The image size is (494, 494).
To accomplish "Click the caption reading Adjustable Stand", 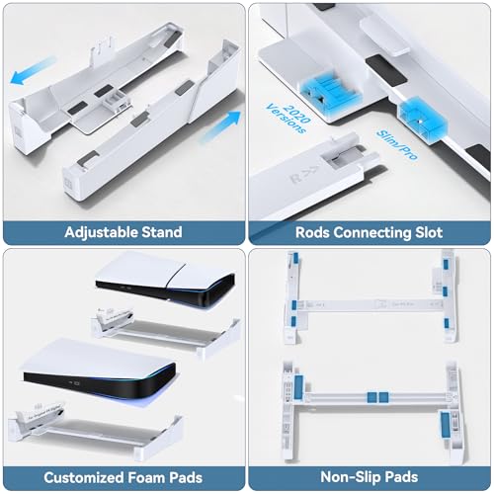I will (x=123, y=233).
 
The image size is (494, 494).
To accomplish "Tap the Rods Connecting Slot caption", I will (x=370, y=233).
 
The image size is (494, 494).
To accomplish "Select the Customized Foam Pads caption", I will (x=123, y=479).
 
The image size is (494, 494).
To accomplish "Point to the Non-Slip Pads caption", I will (x=370, y=479).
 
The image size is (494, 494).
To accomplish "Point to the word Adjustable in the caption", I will (x=99, y=233).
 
